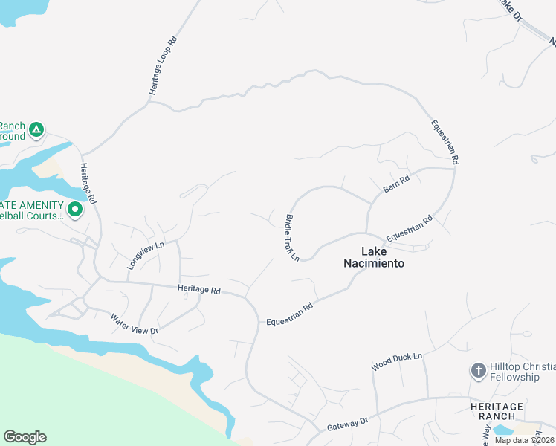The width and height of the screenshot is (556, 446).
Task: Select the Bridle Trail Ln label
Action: pos(291,238)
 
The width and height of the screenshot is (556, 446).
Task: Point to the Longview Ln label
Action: pos(145,254)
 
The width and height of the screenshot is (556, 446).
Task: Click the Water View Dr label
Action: pos(135,324)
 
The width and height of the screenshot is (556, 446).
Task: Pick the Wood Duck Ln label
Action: pos(397,362)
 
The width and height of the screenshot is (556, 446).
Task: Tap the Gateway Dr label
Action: pos(348,424)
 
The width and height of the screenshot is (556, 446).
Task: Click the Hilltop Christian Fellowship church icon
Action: pos(479,369)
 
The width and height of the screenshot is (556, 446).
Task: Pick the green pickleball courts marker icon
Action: pos(74,210)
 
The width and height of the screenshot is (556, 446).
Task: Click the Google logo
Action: pos(25,437)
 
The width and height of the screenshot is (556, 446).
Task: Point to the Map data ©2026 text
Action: pos(524,440)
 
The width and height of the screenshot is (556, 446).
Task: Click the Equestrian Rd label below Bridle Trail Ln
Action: pos(290,312)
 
